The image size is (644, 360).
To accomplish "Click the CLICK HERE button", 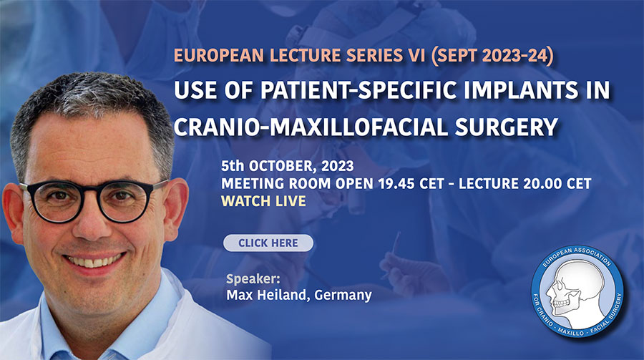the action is pos(268,243).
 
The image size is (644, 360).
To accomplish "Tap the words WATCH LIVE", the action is pos(263,201).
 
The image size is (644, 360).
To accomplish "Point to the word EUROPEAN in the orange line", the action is pos(218,56).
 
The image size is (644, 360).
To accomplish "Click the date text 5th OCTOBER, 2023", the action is pos(288,166).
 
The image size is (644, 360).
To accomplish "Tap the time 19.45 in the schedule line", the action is pos(396,184).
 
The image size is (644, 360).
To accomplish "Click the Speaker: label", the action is pos(253,279).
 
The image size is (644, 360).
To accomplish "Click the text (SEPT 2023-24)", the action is pos(492,56).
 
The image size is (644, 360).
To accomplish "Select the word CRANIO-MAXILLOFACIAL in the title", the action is pos(311,127).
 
